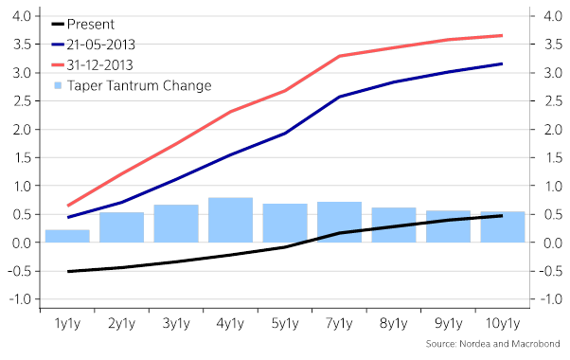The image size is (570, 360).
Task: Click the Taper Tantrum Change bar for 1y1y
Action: pos(67,236)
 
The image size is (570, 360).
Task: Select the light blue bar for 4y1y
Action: pos(230,220)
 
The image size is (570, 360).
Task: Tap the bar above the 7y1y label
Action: pos(339,222)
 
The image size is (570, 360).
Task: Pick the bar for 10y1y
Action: pos(502,226)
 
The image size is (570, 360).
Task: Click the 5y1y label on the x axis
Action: pos(285,322)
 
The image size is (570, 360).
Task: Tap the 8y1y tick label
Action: pos(393,322)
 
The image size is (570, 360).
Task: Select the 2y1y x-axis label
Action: pos(121,322)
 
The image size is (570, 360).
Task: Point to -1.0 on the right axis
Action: pos(550,299)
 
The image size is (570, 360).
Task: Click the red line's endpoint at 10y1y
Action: pos(502,35)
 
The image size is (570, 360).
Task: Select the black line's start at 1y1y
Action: pos(67,271)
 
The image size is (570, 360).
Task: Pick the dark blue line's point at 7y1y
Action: pos(339,97)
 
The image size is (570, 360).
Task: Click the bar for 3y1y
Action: pos(176,223)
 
